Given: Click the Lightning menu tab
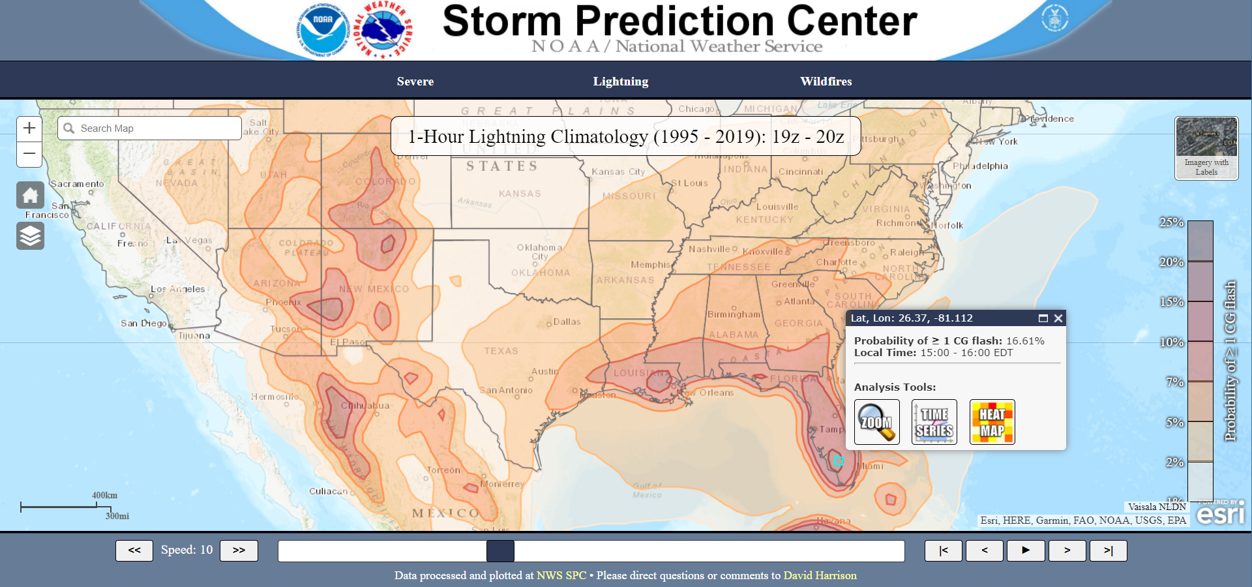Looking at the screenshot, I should pos(620,82).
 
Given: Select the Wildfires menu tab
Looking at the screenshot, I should pos(826,82).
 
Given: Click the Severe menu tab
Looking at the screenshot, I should pos(415,82).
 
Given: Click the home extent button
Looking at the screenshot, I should pos(30,195).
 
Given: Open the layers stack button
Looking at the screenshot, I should pos(30,235).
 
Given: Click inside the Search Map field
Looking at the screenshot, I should pos(156,128).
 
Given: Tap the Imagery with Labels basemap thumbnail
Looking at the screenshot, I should pos(1206,148).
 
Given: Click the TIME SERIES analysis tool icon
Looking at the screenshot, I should pos(934,422).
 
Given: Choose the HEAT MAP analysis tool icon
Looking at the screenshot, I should pos(992,422).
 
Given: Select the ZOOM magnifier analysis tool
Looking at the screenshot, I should pos(876,422).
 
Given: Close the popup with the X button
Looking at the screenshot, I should pos(1058,318).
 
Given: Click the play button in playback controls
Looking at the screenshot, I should pos(1025,550).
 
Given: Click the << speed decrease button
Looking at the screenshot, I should pos(134,550).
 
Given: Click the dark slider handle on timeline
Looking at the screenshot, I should pos(500,550).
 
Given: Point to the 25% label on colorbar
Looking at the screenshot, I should pos(1171,222).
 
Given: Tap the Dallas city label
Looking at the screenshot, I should pos(567,322).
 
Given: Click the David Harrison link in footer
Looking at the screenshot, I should pos(820,575).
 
